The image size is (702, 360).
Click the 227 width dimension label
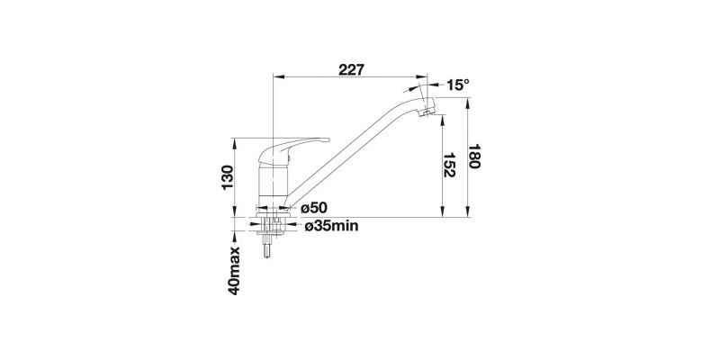(x=351, y=70)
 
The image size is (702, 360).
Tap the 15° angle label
(x=458, y=85)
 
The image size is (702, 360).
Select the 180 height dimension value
(x=474, y=157)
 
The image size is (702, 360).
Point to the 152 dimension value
(x=449, y=165)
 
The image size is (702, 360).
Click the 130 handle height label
(x=228, y=177)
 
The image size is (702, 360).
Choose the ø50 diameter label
(x=314, y=208)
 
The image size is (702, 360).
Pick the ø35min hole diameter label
(x=332, y=226)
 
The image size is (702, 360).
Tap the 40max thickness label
(x=234, y=271)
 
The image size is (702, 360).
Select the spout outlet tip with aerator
(x=427, y=108)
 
